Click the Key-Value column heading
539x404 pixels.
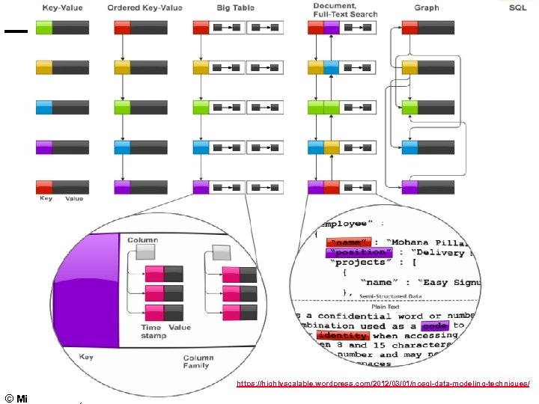(x=63, y=7)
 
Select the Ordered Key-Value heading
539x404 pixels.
(x=144, y=7)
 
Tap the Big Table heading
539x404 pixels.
(x=235, y=7)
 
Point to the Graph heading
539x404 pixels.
(x=427, y=7)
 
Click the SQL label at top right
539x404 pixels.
(x=517, y=7)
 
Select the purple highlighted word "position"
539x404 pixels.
(x=357, y=252)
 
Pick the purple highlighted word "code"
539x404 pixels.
(x=435, y=326)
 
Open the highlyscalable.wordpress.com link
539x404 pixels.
(x=383, y=383)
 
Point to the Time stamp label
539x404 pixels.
(x=153, y=331)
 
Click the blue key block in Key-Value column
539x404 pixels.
(x=44, y=107)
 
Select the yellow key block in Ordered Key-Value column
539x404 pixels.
(x=123, y=67)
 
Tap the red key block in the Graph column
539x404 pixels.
(x=409, y=28)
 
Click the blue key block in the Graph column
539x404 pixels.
(x=409, y=147)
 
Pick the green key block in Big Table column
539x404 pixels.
(x=201, y=107)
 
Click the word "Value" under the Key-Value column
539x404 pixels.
(x=74, y=198)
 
